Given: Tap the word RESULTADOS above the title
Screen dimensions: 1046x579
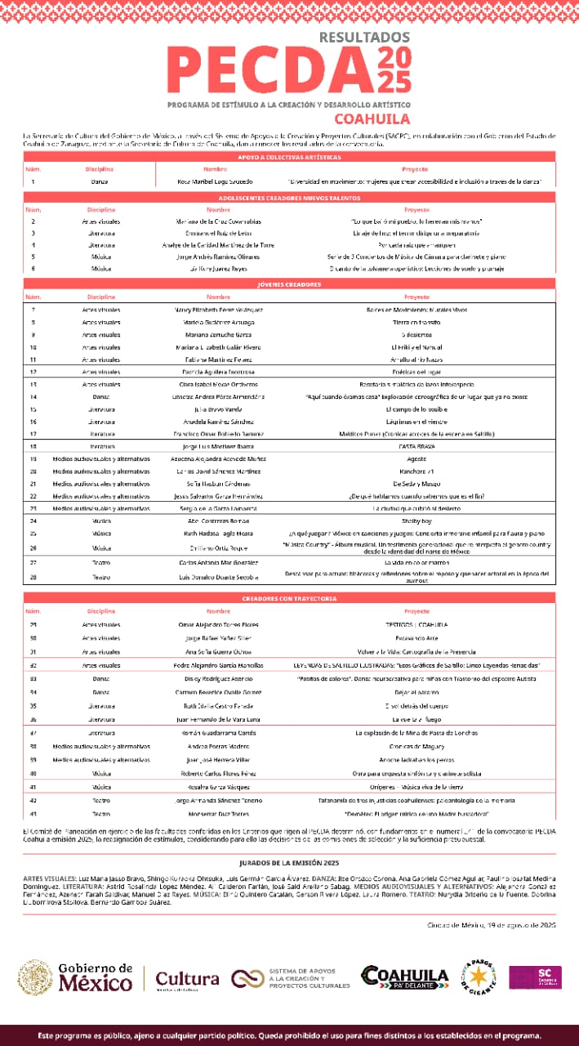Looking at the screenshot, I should click(364, 38).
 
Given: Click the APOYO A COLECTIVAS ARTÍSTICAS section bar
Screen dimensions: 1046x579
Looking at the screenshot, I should click(290, 156).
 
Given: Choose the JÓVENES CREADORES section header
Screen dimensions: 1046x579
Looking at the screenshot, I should click(290, 284).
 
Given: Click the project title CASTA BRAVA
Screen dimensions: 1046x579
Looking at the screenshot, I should click(416, 447).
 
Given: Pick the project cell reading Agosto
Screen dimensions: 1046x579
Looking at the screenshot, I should click(416, 459).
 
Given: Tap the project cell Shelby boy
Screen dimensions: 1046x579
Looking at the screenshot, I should click(416, 521).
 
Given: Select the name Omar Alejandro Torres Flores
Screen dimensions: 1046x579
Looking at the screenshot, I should click(219, 624).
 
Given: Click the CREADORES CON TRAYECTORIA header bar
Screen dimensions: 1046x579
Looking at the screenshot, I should click(290, 599).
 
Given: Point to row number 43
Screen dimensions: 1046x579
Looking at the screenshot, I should click(33, 814).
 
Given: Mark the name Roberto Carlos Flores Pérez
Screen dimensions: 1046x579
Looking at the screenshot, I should click(219, 772).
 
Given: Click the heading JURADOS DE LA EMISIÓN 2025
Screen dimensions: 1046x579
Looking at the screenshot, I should click(290, 862).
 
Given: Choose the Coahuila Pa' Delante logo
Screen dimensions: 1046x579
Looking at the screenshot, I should click(405, 977).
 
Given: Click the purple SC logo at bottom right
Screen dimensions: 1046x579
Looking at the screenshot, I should click(535, 977).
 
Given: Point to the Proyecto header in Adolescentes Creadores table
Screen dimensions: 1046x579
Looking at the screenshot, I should click(416, 210).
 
